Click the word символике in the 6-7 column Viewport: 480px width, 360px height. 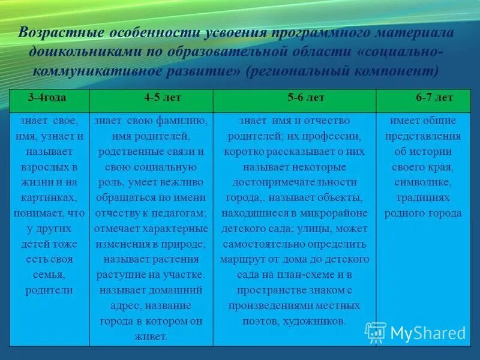(428, 182)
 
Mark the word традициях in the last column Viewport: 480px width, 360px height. (428, 197)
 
